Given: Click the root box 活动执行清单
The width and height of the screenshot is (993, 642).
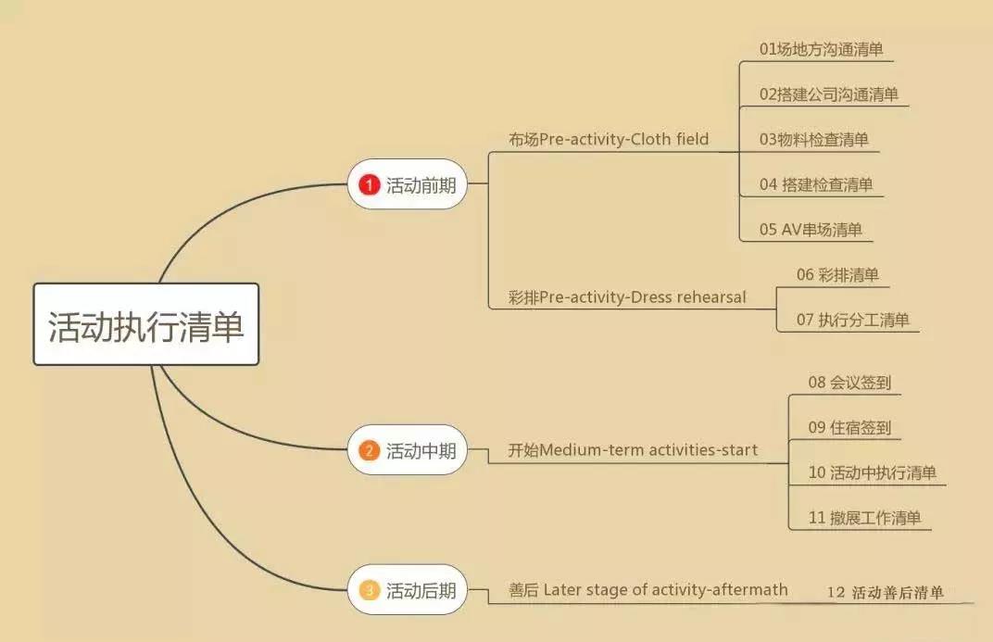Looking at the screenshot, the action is pos(146,324).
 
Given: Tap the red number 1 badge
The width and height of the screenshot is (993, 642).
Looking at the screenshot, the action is pos(370,185).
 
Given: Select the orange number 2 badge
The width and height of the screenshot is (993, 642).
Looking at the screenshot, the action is pos(370,451).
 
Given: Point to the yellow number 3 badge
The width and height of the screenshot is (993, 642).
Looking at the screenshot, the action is pos(370,590).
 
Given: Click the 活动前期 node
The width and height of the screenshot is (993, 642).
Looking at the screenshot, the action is pos(408,184).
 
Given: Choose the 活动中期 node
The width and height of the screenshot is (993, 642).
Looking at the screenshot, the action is pos(408,450).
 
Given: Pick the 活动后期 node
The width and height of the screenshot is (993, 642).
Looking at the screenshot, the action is pos(408,589).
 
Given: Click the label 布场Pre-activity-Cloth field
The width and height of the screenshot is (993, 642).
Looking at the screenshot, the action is pos(609,139).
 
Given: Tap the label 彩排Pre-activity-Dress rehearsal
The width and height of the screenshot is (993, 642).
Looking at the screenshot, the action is pos(627,297).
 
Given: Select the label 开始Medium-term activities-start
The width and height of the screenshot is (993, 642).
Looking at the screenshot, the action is pos(633,450).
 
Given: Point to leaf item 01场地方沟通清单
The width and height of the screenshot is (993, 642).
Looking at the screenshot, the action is pos(821,49).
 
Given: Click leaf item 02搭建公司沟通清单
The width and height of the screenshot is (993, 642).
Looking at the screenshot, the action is pos(828,94).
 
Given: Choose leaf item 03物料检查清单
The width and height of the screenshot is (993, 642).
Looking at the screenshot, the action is pos(814,139).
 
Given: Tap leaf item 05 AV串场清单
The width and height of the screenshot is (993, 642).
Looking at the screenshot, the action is pos(811,229).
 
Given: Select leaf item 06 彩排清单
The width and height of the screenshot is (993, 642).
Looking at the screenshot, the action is pos(837,275).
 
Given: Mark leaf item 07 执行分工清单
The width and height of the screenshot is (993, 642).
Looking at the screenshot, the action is pos(852,320).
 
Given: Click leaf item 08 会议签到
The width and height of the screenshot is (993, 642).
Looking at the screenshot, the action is pos(849,383).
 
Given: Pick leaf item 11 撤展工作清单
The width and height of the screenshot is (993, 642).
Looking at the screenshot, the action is pos(864,518).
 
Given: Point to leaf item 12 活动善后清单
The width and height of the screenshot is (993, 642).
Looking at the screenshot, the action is pos(886,593).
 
